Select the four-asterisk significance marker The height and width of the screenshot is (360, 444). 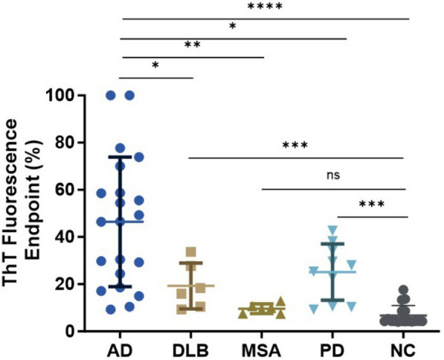point(266,7)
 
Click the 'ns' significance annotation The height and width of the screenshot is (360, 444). point(332,176)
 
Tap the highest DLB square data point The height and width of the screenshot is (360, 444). point(191,251)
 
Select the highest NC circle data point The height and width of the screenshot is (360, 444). point(404,290)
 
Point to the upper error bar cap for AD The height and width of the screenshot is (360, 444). point(120,156)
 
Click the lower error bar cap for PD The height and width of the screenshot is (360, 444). point(332,300)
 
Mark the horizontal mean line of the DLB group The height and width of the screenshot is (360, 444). point(191,286)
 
